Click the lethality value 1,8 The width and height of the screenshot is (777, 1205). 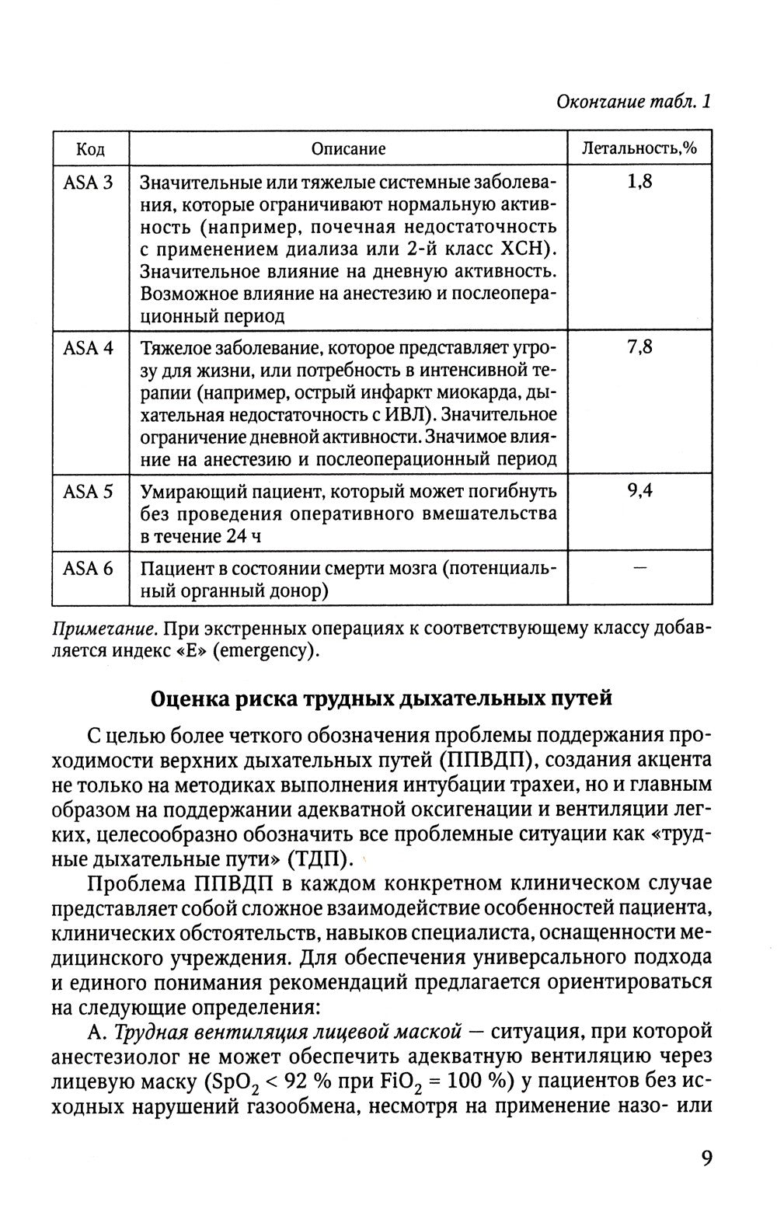pos(639,183)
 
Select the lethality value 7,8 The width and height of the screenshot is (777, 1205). pos(639,348)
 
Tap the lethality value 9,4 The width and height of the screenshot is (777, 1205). pos(639,492)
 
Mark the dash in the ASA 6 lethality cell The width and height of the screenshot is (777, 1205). pos(639,569)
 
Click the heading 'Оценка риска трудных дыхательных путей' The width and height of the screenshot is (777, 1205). pos(381,698)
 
